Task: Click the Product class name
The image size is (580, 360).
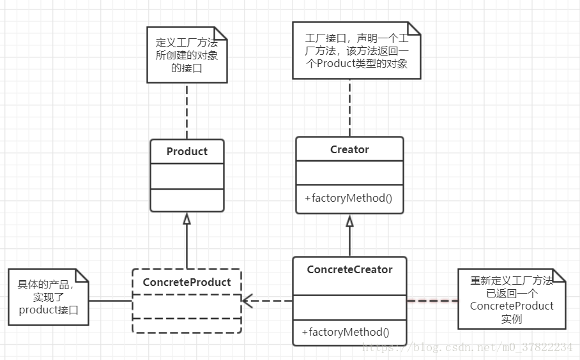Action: [187, 151]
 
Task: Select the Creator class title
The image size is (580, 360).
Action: [349, 149]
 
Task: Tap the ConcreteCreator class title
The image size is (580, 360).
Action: [349, 269]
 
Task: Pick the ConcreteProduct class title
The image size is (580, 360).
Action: [187, 282]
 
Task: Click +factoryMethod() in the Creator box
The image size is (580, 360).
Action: [349, 198]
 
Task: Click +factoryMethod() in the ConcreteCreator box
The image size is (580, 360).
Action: [345, 332]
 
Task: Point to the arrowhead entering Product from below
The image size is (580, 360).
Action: [187, 218]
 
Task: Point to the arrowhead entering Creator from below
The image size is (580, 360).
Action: [349, 221]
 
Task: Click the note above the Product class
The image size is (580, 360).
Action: [187, 54]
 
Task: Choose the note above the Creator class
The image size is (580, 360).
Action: [356, 51]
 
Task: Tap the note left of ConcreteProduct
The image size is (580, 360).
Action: [49, 297]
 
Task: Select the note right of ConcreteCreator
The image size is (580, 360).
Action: [512, 299]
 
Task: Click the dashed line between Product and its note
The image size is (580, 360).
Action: [187, 111]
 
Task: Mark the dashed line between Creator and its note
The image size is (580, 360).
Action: [349, 107]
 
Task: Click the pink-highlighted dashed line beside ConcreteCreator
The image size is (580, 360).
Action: [432, 299]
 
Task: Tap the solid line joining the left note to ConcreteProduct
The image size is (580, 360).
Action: [111, 301]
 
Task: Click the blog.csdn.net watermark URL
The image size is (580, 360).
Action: [467, 347]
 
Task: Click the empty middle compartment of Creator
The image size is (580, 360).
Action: [349, 172]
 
